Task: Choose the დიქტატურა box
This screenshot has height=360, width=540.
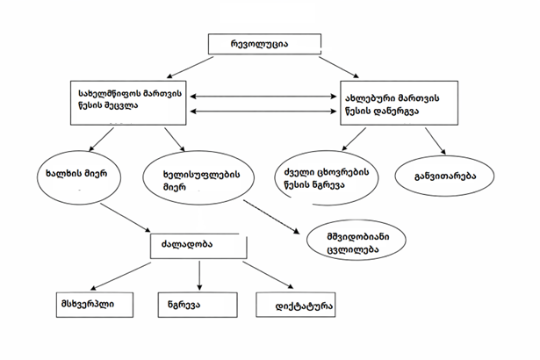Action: point(296,306)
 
